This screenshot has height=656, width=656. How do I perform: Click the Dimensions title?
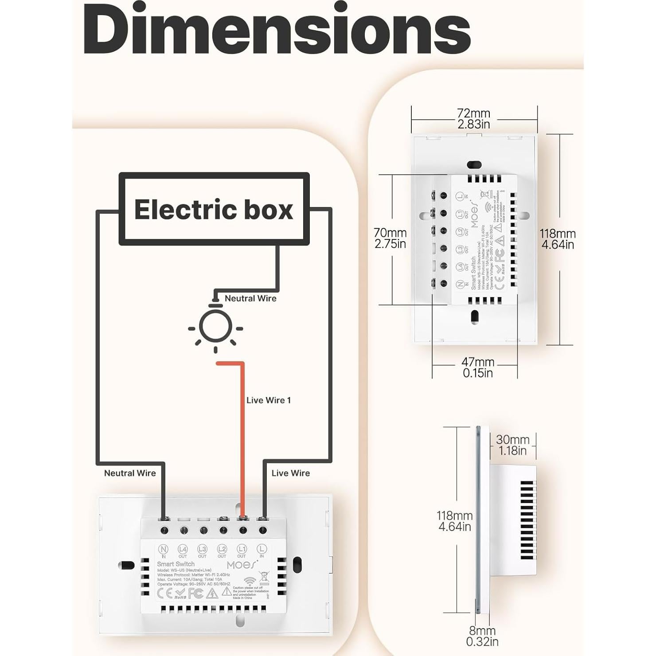pyautogui.click(x=277, y=30)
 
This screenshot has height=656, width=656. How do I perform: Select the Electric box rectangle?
pyautogui.click(x=214, y=209)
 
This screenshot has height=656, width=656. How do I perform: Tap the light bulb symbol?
pyautogui.click(x=215, y=327)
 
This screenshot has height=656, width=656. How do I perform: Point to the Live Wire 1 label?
pyautogui.click(x=269, y=400)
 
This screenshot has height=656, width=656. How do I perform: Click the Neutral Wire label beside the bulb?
pyautogui.click(x=250, y=298)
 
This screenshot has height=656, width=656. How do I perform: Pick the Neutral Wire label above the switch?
pyautogui.click(x=130, y=473)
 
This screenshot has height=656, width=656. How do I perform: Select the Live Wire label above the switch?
pyautogui.click(x=291, y=473)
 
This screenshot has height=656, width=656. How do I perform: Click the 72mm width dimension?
pyautogui.click(x=474, y=119)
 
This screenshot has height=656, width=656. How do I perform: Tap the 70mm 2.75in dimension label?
pyautogui.click(x=390, y=238)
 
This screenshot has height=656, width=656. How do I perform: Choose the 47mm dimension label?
pyautogui.click(x=478, y=367)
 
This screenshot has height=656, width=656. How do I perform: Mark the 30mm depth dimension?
pyautogui.click(x=512, y=445)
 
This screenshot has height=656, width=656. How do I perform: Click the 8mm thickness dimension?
pyautogui.click(x=482, y=636)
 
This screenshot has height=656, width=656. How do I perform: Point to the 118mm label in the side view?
pyautogui.click(x=454, y=521)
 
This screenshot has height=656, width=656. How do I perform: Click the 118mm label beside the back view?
pyautogui.click(x=557, y=239)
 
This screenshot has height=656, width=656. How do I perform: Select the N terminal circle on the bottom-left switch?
pyautogui.click(x=163, y=549)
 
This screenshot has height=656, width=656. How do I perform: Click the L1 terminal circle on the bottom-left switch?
pyautogui.click(x=242, y=549)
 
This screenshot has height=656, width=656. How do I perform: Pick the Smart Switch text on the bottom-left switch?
pyautogui.click(x=176, y=564)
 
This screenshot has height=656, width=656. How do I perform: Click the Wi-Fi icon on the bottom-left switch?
pyautogui.click(x=250, y=581)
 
